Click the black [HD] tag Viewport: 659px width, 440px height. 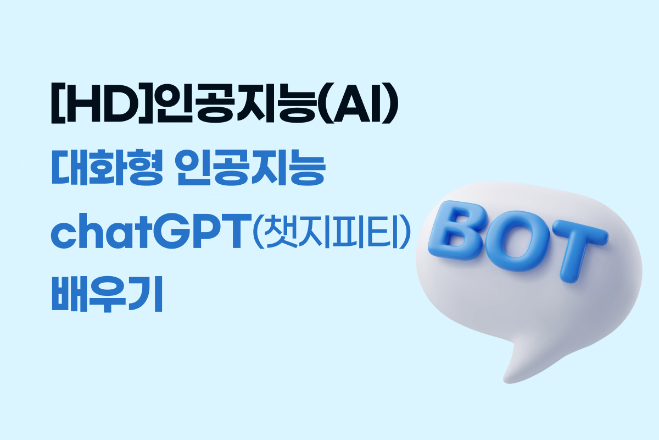(x=102, y=103)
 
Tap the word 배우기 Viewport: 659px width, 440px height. (x=107, y=294)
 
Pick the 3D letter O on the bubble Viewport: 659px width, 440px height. (x=517, y=241)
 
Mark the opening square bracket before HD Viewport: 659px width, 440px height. (x=58, y=103)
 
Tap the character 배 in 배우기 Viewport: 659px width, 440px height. (x=69, y=294)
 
